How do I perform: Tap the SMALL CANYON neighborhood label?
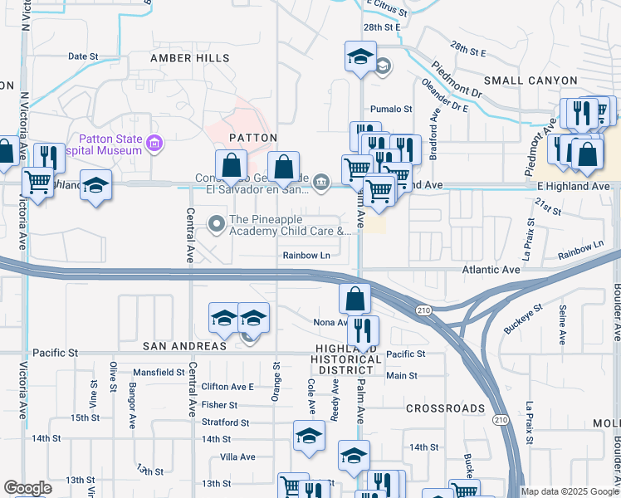pyautogui.click(x=531, y=81)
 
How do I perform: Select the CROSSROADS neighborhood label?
pyautogui.click(x=445, y=408)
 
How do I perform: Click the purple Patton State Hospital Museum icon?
pyautogui.click(x=154, y=145)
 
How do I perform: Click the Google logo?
pyautogui.click(x=27, y=488)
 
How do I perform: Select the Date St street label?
pyautogui.click(x=83, y=56)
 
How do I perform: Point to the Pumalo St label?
pyautogui.click(x=391, y=109)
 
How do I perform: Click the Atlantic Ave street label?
pyautogui.click(x=491, y=270)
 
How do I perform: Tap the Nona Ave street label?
pyautogui.click(x=330, y=323)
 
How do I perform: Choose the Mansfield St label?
pyautogui.click(x=158, y=373)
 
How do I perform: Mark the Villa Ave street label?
pyautogui.click(x=237, y=456)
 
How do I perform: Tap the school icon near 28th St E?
pyautogui.click(x=360, y=57)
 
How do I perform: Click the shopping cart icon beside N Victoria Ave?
pyautogui.click(x=37, y=180)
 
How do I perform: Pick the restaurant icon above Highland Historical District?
pyautogui.click(x=363, y=330)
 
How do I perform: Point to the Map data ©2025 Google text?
pyautogui.click(x=569, y=491)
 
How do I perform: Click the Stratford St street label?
pyautogui.click(x=226, y=422)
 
